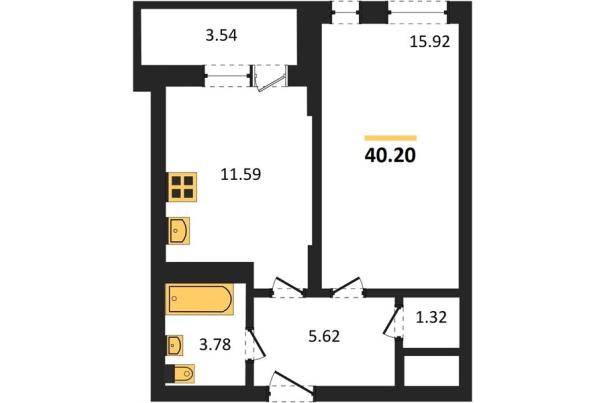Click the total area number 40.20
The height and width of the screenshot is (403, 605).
click(390, 155)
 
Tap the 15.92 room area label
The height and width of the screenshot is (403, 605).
click(429, 42)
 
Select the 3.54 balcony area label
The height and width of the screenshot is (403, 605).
click(221, 35)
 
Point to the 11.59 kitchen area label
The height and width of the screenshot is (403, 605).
click(241, 174)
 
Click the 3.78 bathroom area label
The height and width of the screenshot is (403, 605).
click(215, 344)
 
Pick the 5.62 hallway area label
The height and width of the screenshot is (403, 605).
click(324, 336)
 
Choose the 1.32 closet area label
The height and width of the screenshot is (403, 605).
click(431, 317)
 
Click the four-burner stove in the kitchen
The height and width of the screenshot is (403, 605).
click(183, 187)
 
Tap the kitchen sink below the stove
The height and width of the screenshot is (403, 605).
click(179, 231)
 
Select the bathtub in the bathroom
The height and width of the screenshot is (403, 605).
click(199, 299)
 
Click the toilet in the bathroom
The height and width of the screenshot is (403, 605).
click(184, 374)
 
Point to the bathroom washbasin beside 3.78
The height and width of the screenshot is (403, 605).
click(176, 345)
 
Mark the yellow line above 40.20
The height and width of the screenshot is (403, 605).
click(390, 138)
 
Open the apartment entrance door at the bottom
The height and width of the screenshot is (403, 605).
click(292, 384)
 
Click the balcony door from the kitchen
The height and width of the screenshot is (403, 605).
click(270, 79)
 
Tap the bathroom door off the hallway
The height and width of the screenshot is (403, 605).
click(255, 344)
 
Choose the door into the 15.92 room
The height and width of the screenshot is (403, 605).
click(347, 287)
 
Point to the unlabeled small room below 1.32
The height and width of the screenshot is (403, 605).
click(432, 371)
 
